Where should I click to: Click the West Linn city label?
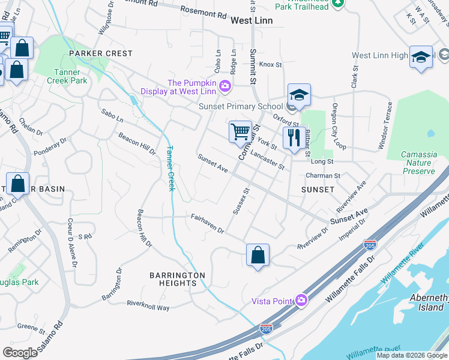click(252, 20)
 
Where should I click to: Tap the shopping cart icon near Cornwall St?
click(240, 130)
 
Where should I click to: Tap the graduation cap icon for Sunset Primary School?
click(298, 95)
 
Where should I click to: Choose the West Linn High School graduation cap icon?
click(421, 58)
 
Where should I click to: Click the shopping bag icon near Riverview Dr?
click(258, 255)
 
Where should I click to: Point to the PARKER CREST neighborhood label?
click(100, 53)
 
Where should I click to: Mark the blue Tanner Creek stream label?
click(170, 169)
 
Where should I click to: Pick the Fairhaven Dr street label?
click(207, 224)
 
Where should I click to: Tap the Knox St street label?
click(271, 64)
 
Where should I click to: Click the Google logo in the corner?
click(20, 352)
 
